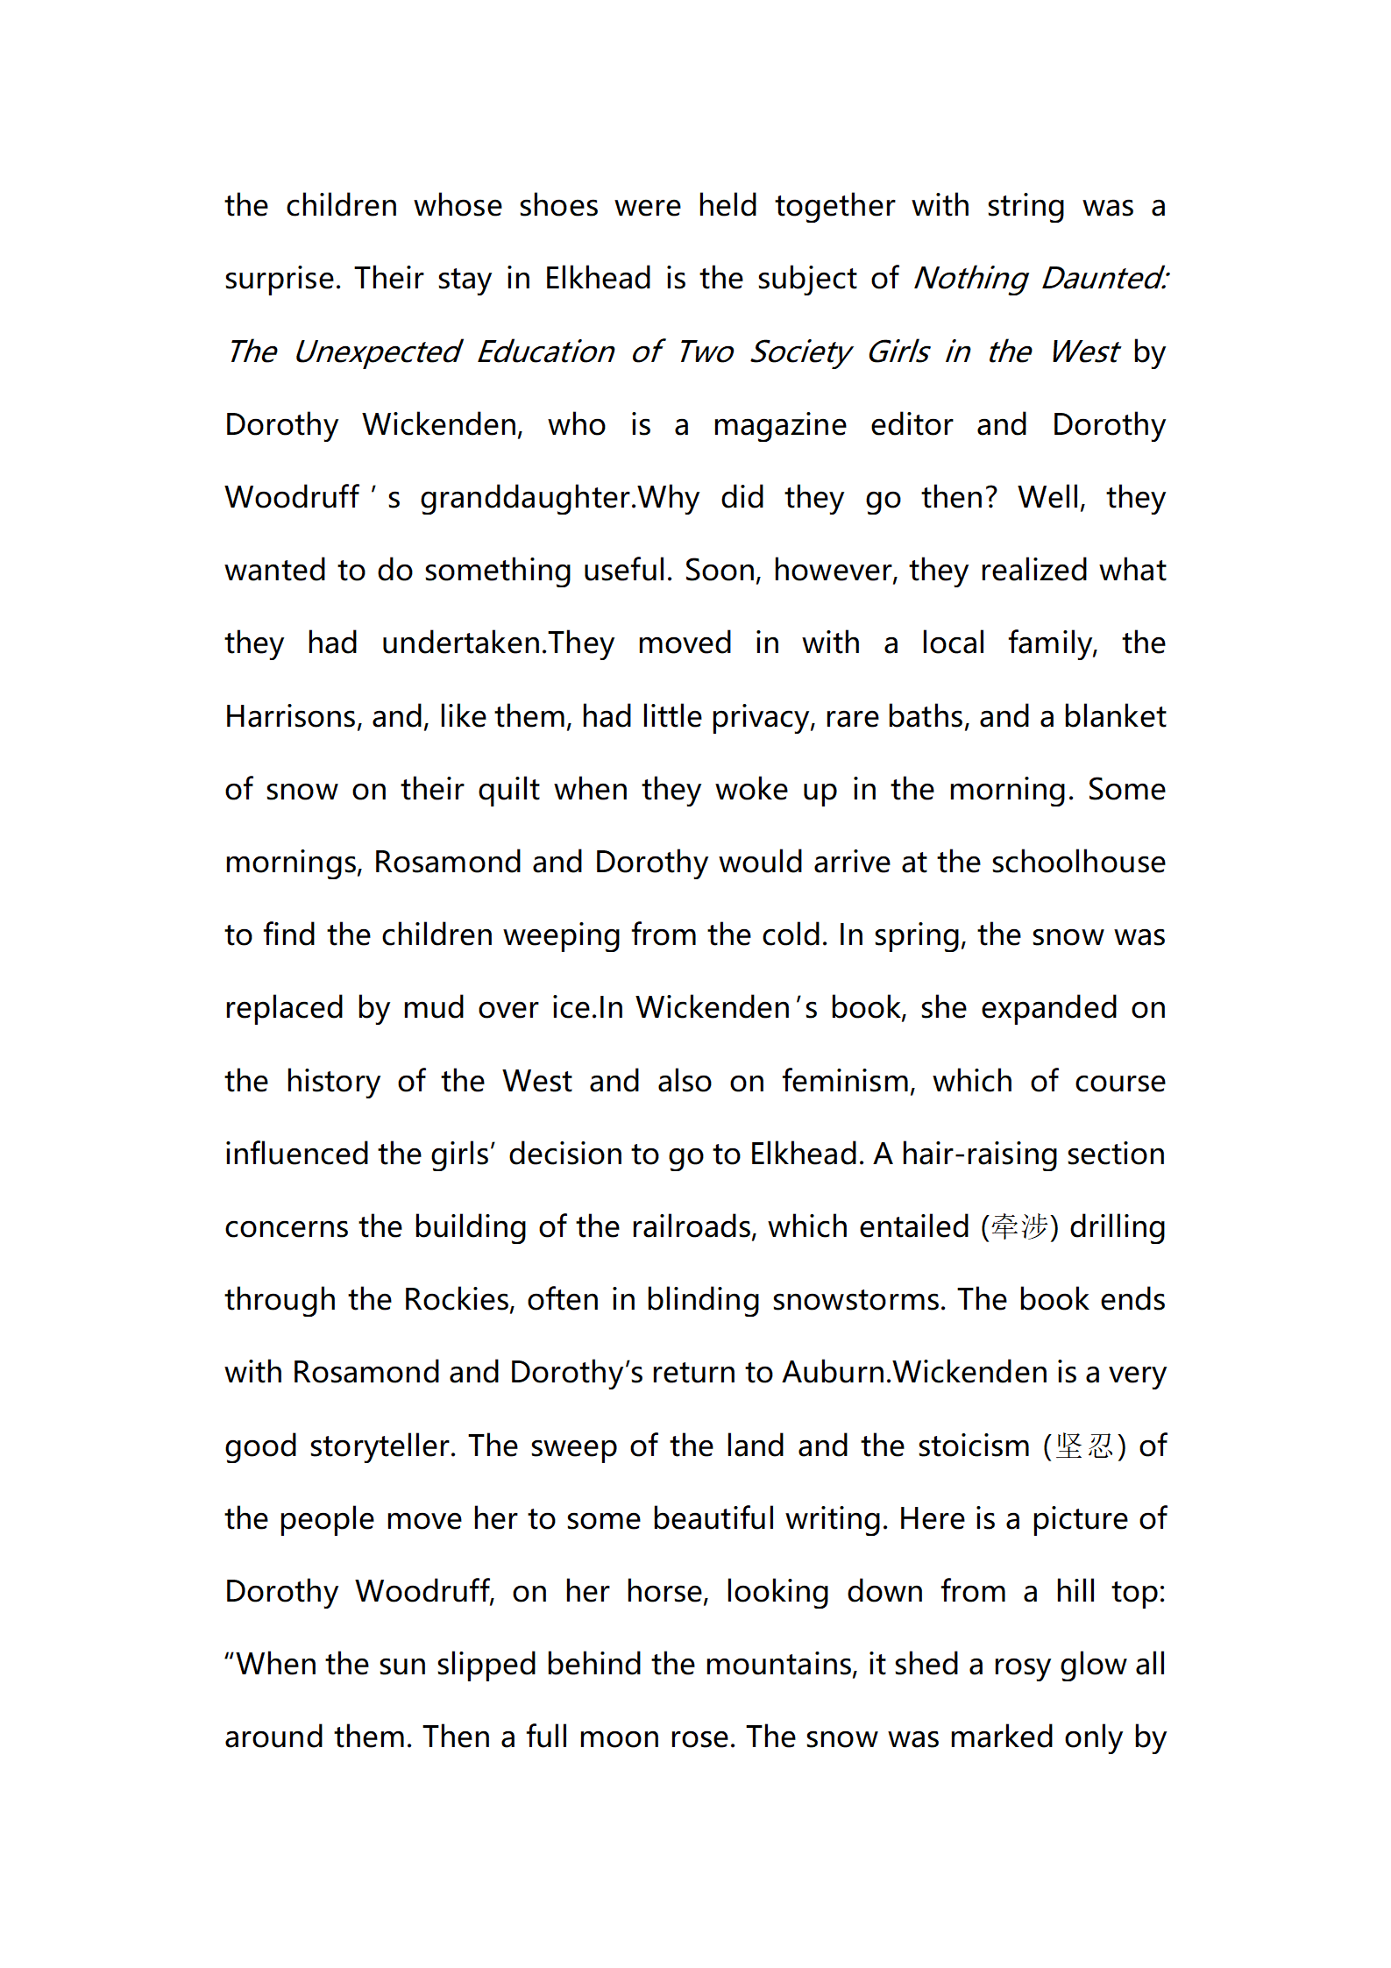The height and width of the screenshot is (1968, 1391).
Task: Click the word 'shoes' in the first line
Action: click(x=558, y=206)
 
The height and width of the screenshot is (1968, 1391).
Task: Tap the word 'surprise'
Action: click(x=280, y=279)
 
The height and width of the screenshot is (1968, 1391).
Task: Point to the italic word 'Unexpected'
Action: click(x=377, y=352)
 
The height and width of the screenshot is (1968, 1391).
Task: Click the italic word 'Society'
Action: click(x=799, y=352)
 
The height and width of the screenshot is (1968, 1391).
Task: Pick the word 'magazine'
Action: click(x=779, y=425)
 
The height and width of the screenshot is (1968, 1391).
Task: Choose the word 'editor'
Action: click(x=912, y=424)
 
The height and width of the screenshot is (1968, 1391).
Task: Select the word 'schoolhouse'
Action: click(x=1078, y=862)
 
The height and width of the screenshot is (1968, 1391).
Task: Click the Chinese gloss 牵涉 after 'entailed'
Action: click(x=1019, y=1226)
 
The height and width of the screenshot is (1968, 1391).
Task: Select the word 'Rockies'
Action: click(x=458, y=1299)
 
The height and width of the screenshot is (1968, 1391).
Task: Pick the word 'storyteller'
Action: click(x=382, y=1446)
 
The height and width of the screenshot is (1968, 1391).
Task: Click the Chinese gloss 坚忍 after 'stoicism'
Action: click(x=1084, y=1446)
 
